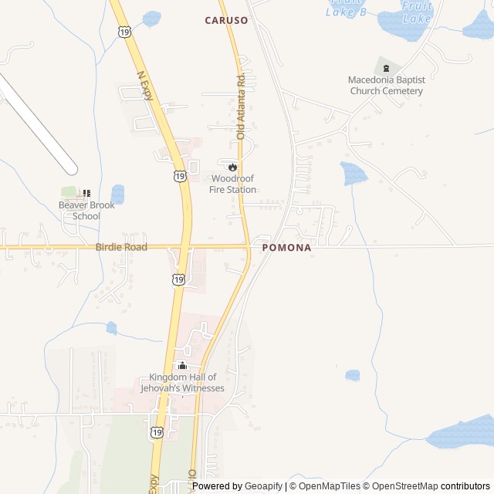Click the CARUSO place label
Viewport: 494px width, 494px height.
(226, 21)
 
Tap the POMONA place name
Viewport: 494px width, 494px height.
(286, 248)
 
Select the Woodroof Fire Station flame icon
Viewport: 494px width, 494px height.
(232, 166)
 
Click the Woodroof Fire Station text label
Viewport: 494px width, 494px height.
(232, 184)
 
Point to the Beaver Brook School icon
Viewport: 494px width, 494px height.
(86, 193)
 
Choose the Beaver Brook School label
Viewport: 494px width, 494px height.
(86, 211)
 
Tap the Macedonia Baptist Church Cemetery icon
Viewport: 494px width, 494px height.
(386, 68)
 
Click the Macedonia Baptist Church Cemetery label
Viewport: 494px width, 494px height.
(386, 85)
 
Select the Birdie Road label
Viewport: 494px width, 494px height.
(121, 247)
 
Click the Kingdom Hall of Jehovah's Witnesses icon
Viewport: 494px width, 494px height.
(182, 366)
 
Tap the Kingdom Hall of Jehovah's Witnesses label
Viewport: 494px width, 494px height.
(182, 383)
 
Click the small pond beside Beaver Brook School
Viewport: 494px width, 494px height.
(117, 194)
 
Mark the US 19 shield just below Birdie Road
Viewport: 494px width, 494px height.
(178, 279)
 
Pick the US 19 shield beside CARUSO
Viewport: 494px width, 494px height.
(124, 30)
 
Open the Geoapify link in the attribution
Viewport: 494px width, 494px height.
(263, 486)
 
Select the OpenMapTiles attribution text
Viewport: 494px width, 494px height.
(329, 486)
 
